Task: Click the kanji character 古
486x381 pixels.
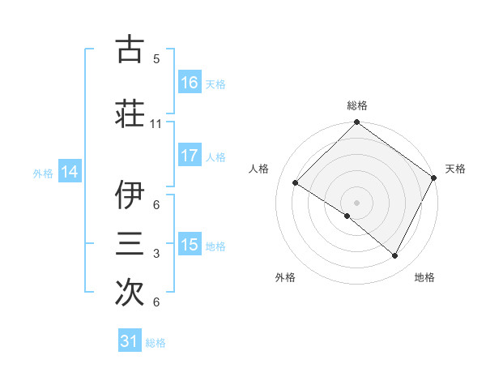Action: pos(129,49)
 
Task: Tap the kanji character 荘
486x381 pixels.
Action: pos(129,113)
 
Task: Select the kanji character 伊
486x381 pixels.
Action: pos(129,195)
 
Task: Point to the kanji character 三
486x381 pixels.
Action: pos(129,243)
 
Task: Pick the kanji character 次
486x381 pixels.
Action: pos(129,293)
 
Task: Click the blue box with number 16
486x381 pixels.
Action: pos(189,83)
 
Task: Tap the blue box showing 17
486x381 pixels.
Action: pos(189,156)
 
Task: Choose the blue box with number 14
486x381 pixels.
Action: pos(70,172)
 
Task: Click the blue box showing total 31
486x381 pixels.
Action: pos(130,341)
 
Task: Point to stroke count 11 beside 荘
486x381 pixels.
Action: pos(156,124)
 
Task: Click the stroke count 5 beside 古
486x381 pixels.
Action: pos(156,59)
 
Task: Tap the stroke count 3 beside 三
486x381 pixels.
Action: pos(156,254)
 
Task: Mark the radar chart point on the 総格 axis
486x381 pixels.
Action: pos(356,123)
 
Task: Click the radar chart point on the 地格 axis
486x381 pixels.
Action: pos(395,256)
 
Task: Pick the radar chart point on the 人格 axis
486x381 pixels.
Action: pos(295,182)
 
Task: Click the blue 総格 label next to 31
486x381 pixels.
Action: pos(156,343)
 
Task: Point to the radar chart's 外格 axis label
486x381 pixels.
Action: pos(285,277)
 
